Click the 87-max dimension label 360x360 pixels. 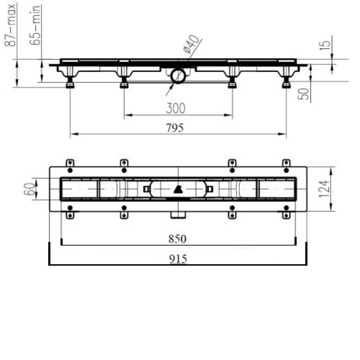pyautogui.click(x=10, y=25)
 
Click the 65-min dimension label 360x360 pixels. pyautogui.click(x=36, y=25)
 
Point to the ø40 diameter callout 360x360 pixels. pyautogui.click(x=191, y=44)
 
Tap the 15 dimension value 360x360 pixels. pyautogui.click(x=325, y=45)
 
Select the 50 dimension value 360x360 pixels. pyautogui.click(x=303, y=94)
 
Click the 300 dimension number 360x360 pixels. pyautogui.click(x=175, y=108)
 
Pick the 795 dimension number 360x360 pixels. pyautogui.click(x=175, y=128)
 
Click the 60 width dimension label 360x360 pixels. pyautogui.click(x=30, y=189)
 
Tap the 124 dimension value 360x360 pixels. pyautogui.click(x=324, y=189)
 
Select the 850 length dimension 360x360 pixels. pyautogui.click(x=177, y=239)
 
